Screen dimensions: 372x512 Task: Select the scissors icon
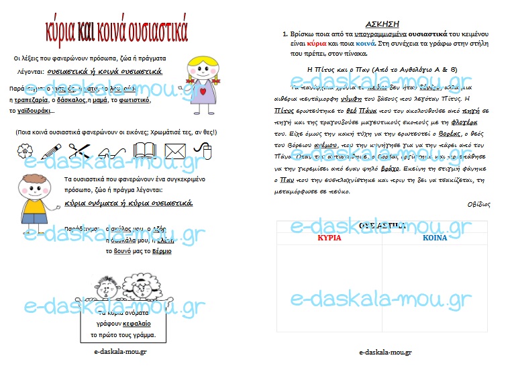(79, 150)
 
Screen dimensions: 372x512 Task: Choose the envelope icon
(174, 151)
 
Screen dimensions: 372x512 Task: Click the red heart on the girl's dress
(201, 89)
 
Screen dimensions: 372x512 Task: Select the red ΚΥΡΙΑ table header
(329, 238)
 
